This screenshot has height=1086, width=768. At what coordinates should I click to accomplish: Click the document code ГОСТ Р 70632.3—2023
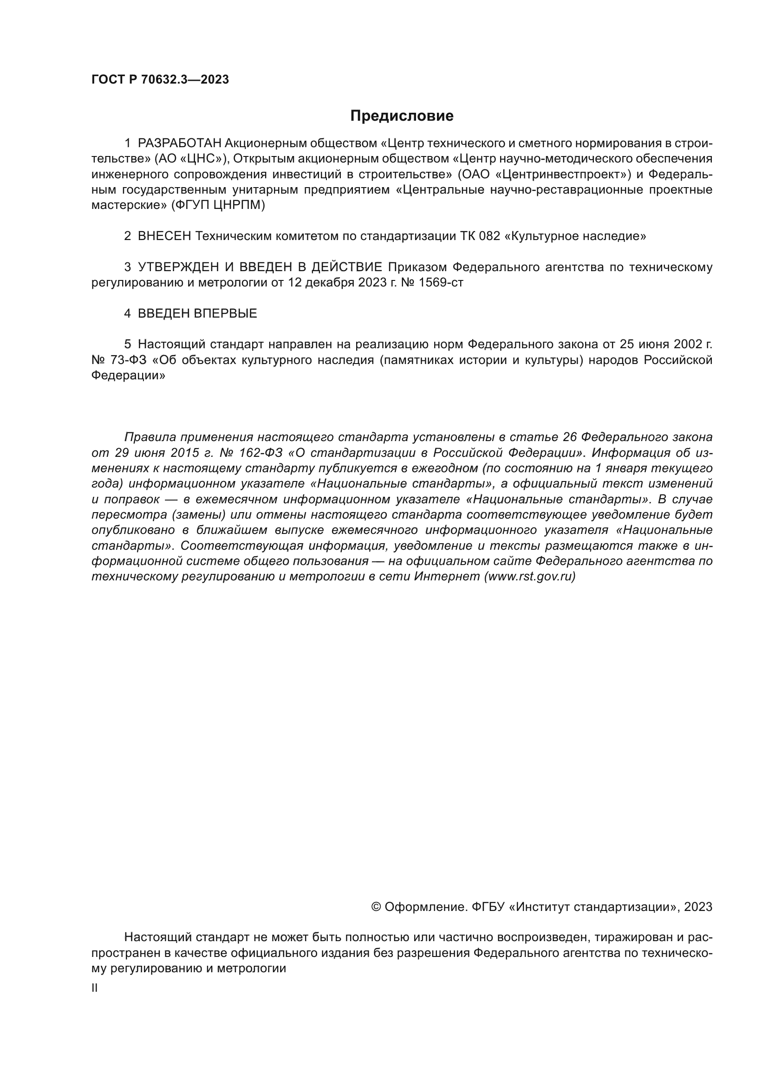[x=160, y=79]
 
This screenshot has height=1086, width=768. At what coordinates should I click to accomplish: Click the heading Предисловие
[x=402, y=116]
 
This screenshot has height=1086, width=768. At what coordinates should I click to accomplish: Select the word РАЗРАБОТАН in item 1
[x=179, y=143]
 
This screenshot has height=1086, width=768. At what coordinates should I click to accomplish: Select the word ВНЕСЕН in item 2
[x=164, y=236]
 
